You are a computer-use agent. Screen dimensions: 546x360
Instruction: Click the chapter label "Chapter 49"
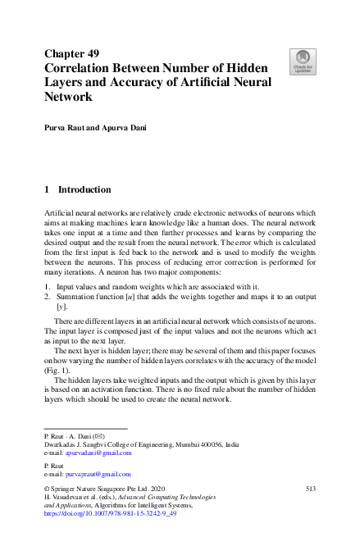(x=71, y=53)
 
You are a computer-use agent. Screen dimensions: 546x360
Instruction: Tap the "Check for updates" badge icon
(x=303, y=60)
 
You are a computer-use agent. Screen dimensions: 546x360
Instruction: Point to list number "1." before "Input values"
(x=47, y=287)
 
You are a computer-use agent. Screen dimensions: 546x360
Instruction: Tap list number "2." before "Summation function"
(x=47, y=297)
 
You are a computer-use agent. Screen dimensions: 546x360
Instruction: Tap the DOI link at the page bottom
(x=109, y=515)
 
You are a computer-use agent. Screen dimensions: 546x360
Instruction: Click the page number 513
(x=310, y=489)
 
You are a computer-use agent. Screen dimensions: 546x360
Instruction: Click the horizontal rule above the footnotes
(x=84, y=428)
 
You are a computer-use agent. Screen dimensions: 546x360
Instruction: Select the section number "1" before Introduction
(x=46, y=189)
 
